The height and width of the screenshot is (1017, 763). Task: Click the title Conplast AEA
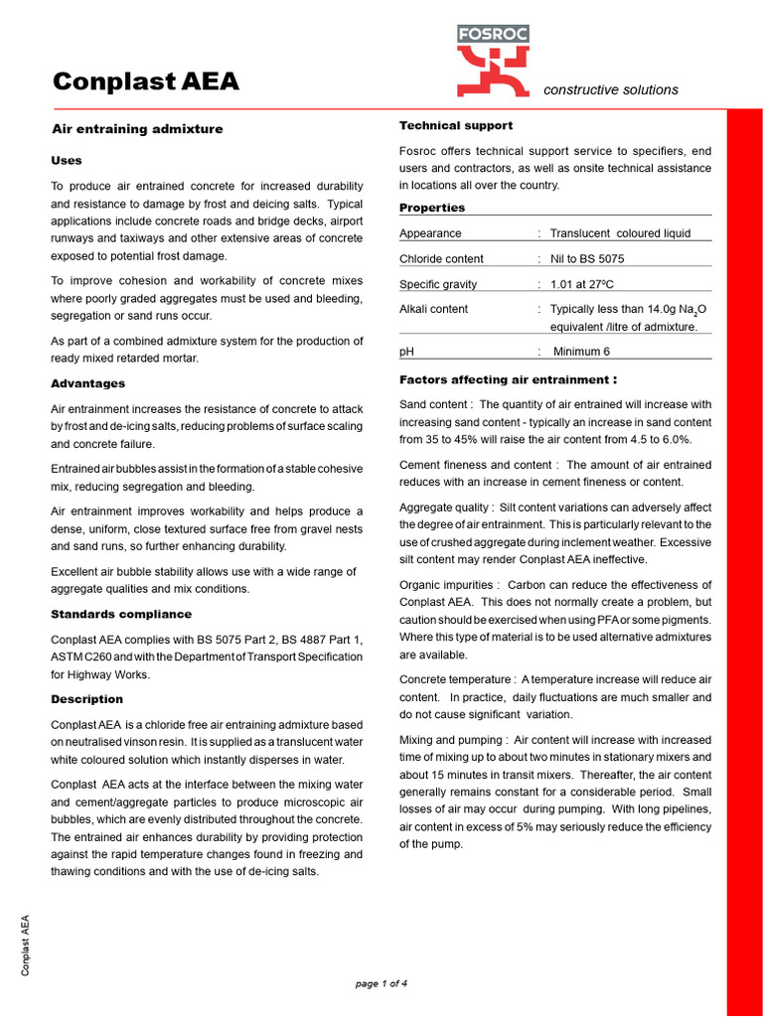[145, 81]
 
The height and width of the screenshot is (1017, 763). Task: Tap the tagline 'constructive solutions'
[611, 89]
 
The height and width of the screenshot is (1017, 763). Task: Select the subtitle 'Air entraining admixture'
[137, 129]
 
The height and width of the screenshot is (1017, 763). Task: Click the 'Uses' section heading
[67, 160]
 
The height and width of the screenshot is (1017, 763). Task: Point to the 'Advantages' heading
[88, 383]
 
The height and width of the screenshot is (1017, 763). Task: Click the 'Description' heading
[87, 699]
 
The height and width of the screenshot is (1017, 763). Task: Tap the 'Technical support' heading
[456, 125]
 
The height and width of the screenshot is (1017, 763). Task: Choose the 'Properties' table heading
[432, 208]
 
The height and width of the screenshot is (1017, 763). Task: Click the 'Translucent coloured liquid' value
[620, 233]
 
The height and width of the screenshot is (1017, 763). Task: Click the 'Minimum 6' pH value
[581, 352]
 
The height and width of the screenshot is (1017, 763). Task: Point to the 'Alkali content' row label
[433, 309]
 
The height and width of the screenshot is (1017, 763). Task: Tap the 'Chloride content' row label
[441, 259]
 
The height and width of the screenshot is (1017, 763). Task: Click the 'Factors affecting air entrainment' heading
[508, 379]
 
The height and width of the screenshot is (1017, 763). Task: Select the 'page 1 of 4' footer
[381, 983]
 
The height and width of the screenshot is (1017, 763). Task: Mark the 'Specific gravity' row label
[437, 284]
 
